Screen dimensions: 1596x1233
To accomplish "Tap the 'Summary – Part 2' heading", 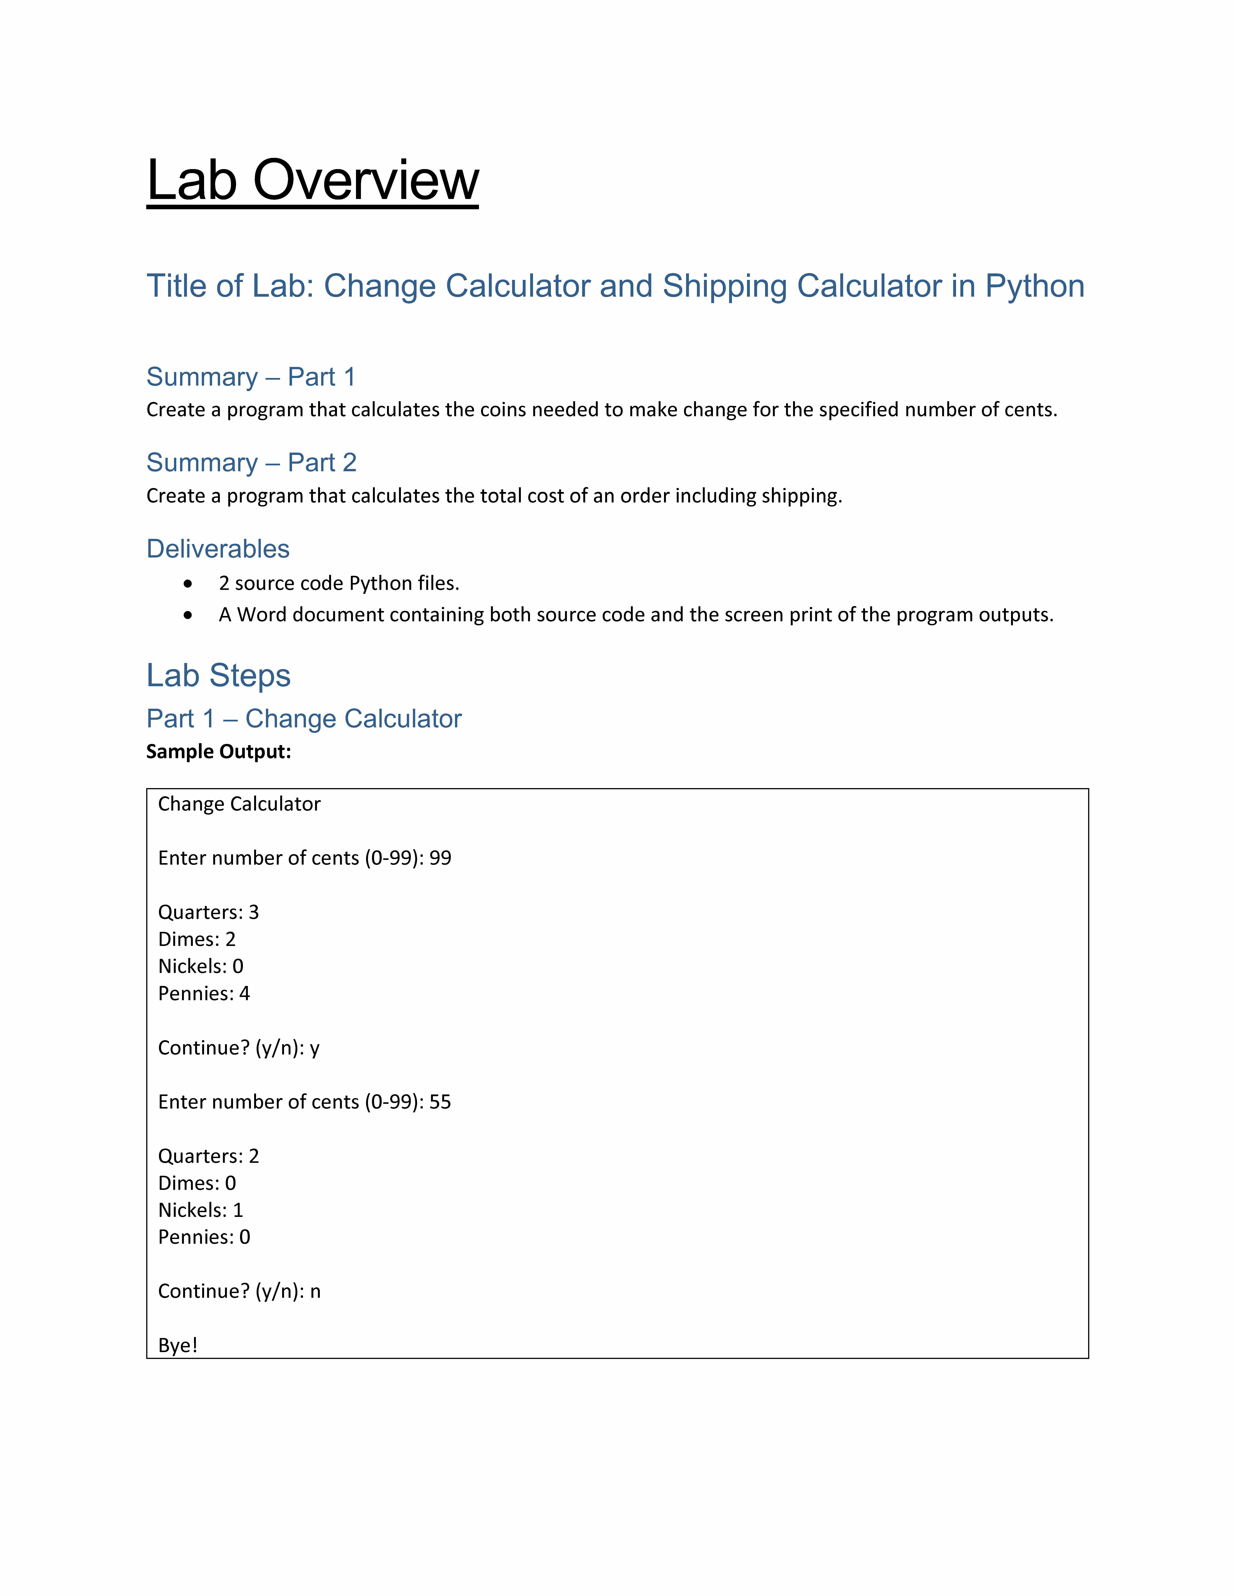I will pyautogui.click(x=251, y=463).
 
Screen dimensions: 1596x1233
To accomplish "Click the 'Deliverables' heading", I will pyautogui.click(x=218, y=549).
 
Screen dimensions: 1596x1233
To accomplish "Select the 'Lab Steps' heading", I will pyautogui.click(x=218, y=675).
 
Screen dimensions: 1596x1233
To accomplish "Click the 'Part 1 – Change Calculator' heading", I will pyautogui.click(x=304, y=719).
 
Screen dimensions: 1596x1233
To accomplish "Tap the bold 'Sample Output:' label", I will pyautogui.click(x=218, y=752).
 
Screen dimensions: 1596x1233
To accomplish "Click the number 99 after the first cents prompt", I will pyautogui.click(x=441, y=858).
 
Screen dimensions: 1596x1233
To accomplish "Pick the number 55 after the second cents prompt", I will pyautogui.click(x=441, y=1102).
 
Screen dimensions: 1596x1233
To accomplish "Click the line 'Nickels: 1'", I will pyautogui.click(x=200, y=1210).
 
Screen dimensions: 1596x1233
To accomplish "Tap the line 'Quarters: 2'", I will pyautogui.click(x=208, y=1156).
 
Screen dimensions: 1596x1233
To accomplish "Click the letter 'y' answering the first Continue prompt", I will pyautogui.click(x=315, y=1049).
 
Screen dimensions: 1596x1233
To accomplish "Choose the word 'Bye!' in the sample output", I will pyautogui.click(x=177, y=1345).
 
